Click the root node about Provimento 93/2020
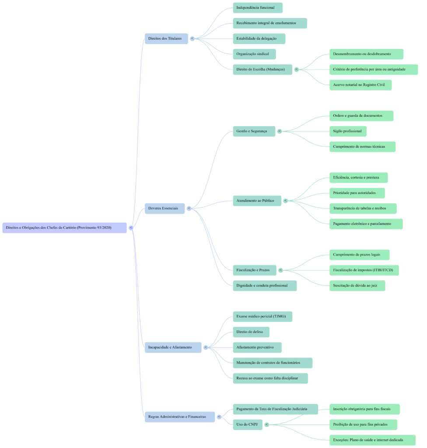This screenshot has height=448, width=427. [64, 227]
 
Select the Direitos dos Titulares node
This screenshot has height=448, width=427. [166, 38]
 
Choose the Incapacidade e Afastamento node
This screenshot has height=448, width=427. [173, 347]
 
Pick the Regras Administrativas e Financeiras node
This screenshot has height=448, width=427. [179, 416]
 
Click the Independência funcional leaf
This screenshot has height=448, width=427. [257, 7]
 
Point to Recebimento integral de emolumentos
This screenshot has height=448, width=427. [269, 23]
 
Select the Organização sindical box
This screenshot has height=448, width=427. [254, 54]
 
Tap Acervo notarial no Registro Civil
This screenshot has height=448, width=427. [360, 85]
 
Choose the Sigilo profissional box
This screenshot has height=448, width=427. [348, 131]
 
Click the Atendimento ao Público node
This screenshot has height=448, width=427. [257, 200]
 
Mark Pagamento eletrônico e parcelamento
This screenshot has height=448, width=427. [366, 224]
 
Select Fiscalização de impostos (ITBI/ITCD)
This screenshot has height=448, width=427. [364, 270]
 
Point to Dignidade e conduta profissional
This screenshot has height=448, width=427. [264, 285]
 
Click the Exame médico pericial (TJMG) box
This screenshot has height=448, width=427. [262, 316]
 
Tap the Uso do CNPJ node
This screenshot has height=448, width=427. [247, 424]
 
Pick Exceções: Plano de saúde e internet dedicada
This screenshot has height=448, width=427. [372, 440]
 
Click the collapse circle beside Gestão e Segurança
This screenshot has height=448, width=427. [280, 131]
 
